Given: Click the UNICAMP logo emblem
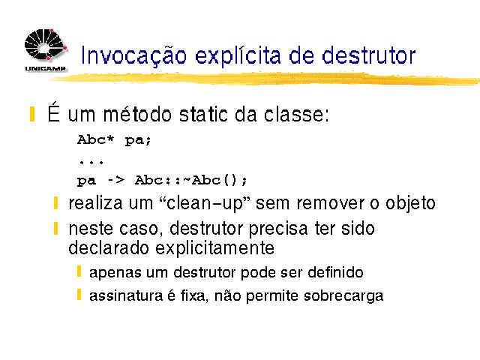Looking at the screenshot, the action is tap(46, 45).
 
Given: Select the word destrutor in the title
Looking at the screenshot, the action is tap(368, 55).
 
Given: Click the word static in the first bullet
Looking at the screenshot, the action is tap(203, 114).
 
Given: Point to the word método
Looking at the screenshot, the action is tap(137, 114).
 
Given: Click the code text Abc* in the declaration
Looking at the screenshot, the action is tap(95, 139).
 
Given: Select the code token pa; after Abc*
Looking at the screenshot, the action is tap(138, 141).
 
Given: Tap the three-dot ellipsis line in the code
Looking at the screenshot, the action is tap(91, 162).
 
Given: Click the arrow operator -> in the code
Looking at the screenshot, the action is tap(116, 180).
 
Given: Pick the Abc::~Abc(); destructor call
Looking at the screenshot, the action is tap(191, 180).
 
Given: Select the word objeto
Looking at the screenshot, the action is tap(410, 204).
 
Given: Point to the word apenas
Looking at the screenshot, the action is tap(115, 273).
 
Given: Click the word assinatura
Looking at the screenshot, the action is tap(126, 296).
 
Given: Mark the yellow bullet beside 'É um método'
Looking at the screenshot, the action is tap(32, 114).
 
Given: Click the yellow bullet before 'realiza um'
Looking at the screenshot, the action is tap(55, 203).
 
